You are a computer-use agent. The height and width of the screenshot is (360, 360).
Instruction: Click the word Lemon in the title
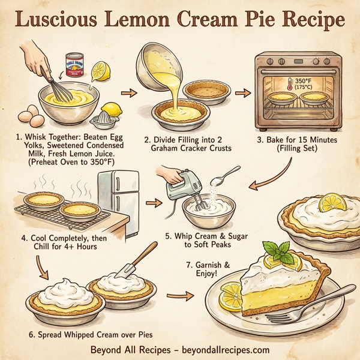click(x=157, y=20)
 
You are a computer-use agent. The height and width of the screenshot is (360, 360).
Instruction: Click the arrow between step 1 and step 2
click(x=128, y=93)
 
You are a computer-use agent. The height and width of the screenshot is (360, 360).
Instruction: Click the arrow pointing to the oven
click(x=243, y=93)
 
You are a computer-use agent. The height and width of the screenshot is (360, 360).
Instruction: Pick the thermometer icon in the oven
click(x=291, y=83)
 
